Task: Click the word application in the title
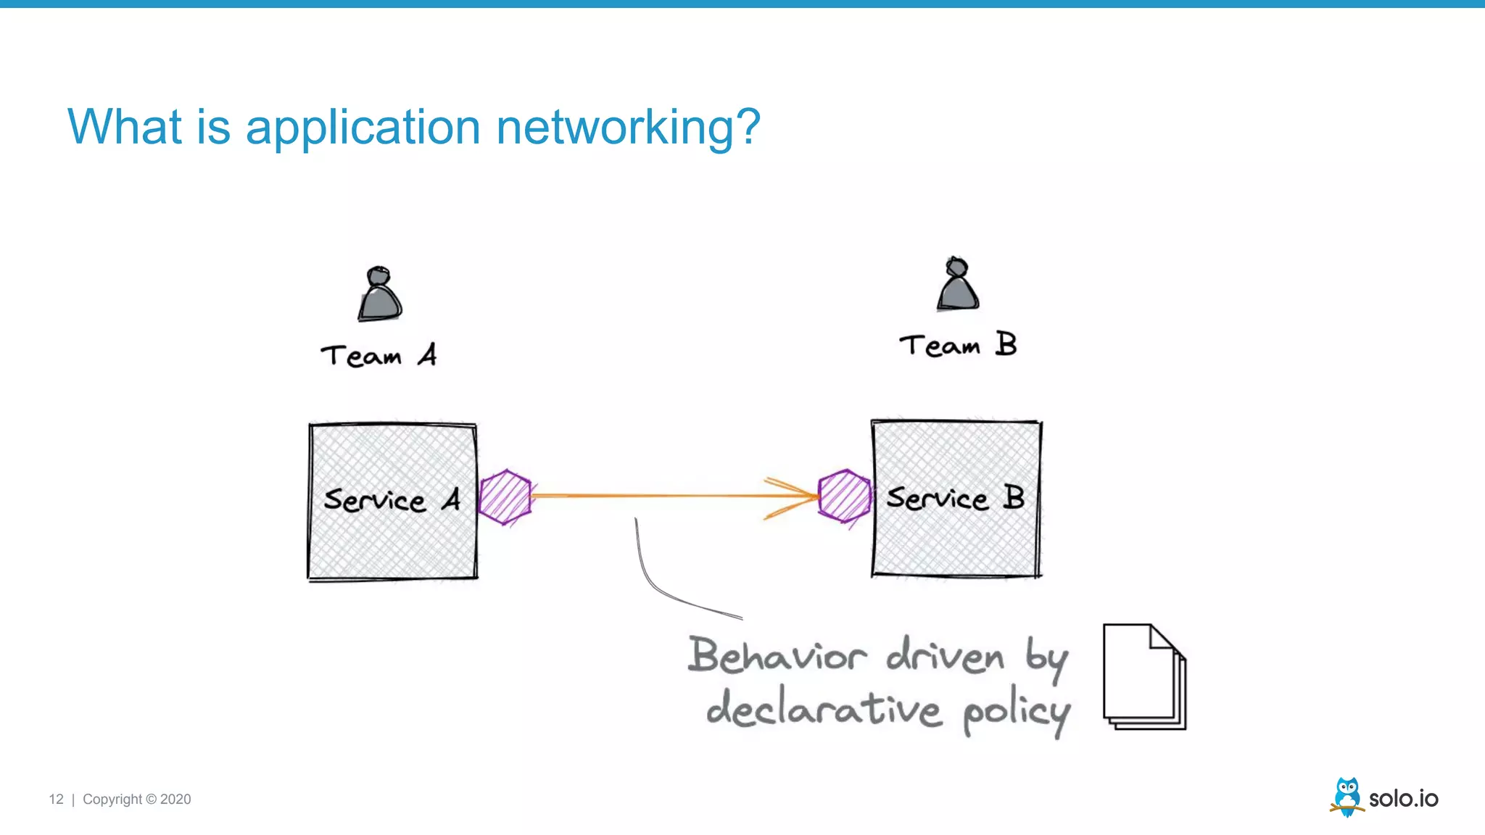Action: [x=363, y=128]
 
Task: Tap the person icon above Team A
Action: [x=379, y=295]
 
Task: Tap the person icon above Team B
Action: [x=957, y=285]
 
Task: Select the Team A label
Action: [x=378, y=356]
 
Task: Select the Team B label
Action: [x=957, y=345]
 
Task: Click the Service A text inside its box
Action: [x=392, y=500]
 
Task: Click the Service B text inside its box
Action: [x=955, y=498]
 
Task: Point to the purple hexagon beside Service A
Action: [x=505, y=497]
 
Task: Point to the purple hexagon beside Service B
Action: [x=844, y=496]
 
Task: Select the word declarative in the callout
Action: [x=824, y=709]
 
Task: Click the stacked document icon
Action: [x=1143, y=676]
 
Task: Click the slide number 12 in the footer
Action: [x=56, y=799]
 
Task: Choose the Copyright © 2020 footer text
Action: [x=136, y=799]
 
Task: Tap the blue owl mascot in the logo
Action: [x=1347, y=796]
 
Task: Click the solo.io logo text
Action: [x=1403, y=799]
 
